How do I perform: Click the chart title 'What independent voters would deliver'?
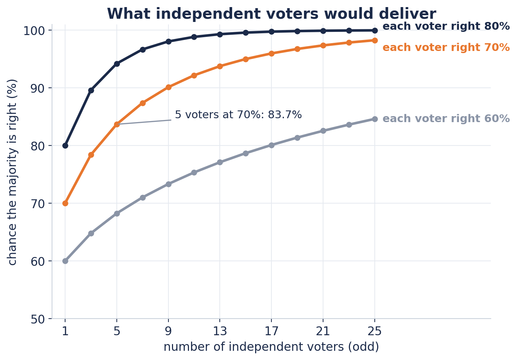(271, 14)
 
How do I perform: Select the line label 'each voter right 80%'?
(446, 26)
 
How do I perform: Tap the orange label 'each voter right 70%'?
(446, 47)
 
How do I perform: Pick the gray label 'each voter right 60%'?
(446, 119)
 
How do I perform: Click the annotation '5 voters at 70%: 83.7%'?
(238, 115)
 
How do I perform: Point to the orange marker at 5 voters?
(117, 124)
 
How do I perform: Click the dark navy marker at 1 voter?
(65, 146)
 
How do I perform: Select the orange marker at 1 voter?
(65, 204)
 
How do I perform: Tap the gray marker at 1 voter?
(65, 261)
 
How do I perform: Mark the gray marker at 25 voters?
(375, 119)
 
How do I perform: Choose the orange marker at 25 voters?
(375, 40)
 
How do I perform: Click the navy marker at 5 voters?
(117, 64)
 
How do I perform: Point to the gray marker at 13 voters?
(220, 162)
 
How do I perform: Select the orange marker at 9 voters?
(168, 87)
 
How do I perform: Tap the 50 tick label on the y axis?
(38, 320)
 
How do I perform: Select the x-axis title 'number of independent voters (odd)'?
(271, 347)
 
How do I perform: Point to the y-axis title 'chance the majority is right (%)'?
(12, 172)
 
